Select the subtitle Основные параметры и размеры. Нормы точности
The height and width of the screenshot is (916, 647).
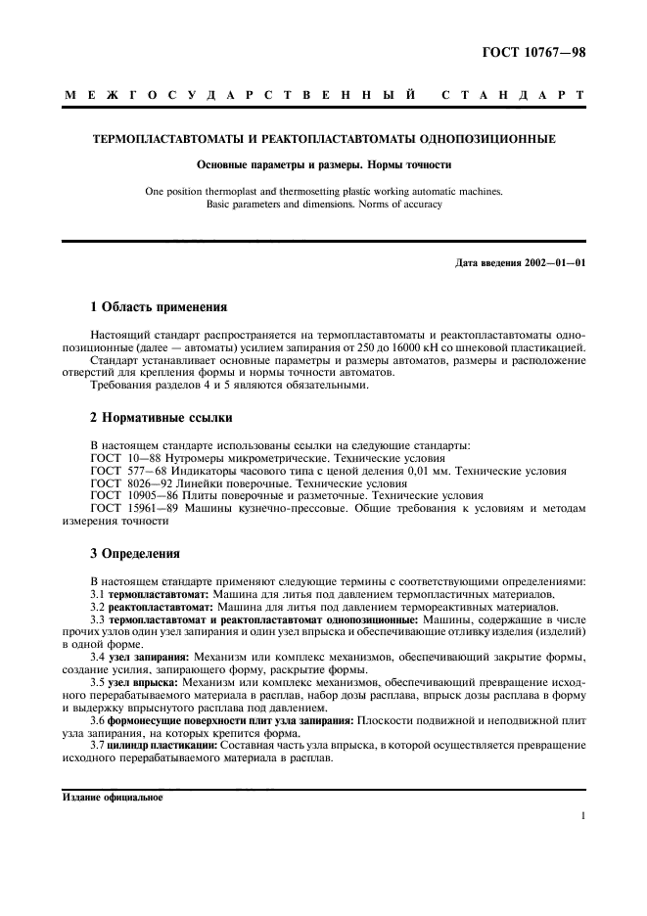point(323,165)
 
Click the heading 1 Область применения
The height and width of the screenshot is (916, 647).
point(159,306)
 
